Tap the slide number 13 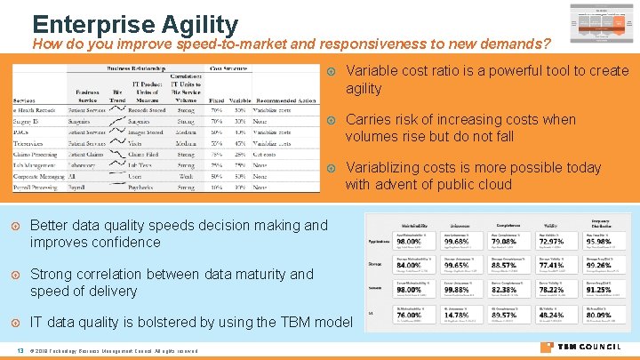(19, 349)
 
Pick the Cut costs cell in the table (266, 154)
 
